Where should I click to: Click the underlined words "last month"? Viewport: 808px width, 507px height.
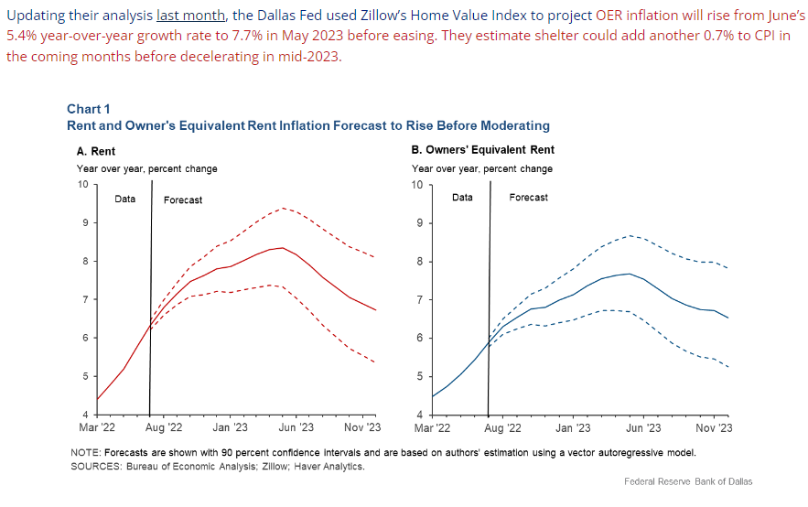(181, 16)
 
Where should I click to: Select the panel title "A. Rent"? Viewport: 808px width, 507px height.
(96, 151)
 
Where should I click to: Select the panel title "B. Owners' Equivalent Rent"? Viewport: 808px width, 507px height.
(483, 150)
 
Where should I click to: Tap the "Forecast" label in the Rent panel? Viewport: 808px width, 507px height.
(183, 200)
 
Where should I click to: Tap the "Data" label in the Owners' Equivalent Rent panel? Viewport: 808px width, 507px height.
(463, 198)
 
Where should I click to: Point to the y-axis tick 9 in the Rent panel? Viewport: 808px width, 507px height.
(85, 222)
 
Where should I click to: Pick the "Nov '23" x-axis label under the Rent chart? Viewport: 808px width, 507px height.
(362, 427)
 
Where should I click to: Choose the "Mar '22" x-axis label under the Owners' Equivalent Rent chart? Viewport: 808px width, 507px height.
(432, 427)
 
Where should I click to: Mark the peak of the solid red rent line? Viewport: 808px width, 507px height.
(284, 247)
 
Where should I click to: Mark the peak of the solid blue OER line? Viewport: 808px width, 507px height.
(628, 274)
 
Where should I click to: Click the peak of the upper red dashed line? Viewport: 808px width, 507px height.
(283, 208)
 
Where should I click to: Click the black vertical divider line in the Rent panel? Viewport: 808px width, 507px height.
(150, 302)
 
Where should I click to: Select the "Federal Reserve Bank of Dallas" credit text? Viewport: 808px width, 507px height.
(688, 481)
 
